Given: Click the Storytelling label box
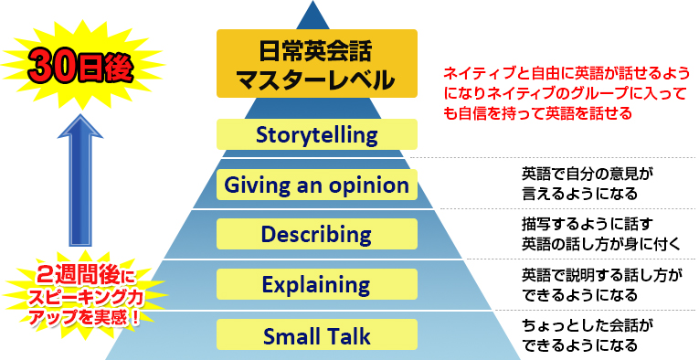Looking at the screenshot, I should (x=316, y=135).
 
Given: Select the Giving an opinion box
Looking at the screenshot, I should (x=316, y=185).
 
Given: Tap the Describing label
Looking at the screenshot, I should (x=316, y=235).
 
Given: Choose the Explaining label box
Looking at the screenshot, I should (x=316, y=284).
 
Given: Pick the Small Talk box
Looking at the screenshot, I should (x=316, y=335).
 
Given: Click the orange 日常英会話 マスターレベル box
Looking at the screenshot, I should (x=316, y=63).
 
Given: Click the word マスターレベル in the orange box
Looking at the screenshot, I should (x=316, y=79).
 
